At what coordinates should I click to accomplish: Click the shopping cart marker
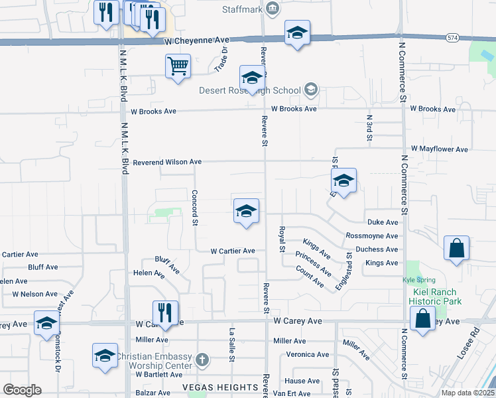(x=178, y=66)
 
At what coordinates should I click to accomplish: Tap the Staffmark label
(x=243, y=8)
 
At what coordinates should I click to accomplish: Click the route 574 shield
(x=452, y=38)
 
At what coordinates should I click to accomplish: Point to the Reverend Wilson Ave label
(x=167, y=162)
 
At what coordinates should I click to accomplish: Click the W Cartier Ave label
(x=233, y=251)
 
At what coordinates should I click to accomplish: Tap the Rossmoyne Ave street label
(x=372, y=236)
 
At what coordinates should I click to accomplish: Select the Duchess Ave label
(x=377, y=249)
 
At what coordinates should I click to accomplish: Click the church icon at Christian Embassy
(x=202, y=361)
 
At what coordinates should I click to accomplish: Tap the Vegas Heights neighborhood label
(x=221, y=387)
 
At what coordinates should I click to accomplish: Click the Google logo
(x=22, y=390)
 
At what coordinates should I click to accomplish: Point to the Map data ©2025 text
(x=467, y=393)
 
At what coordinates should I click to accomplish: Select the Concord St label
(x=195, y=208)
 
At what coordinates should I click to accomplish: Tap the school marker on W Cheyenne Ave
(x=297, y=33)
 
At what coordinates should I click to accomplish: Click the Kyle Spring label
(x=416, y=280)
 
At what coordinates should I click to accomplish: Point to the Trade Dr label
(x=221, y=60)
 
